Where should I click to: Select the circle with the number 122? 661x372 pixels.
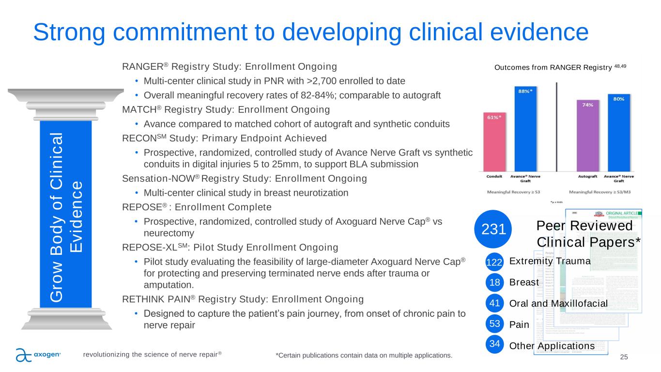point(493,262)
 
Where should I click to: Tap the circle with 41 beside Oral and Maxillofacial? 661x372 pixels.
point(493,304)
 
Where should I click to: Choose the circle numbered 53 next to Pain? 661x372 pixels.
point(493,325)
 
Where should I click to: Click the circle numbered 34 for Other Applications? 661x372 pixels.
point(493,345)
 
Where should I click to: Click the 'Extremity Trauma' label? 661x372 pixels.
point(550,262)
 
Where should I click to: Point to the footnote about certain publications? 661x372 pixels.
point(364,356)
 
